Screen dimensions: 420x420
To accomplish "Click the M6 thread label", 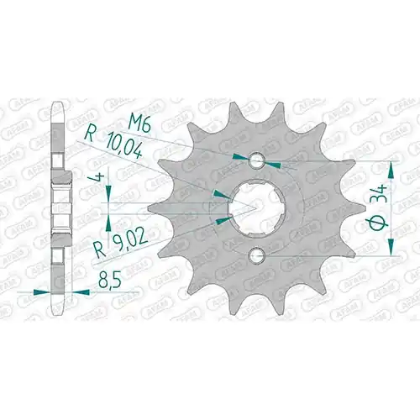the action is (x=139, y=123).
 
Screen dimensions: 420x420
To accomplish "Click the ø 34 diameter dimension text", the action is (x=379, y=207).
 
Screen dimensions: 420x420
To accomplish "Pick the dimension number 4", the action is (x=100, y=177).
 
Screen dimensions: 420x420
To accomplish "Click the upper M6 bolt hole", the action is (x=257, y=160).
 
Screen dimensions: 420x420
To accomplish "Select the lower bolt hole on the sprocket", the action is (x=257, y=255).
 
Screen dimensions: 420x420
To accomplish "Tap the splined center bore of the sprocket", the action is (x=257, y=207).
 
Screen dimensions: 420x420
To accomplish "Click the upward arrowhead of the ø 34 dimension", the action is (x=391, y=170).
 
